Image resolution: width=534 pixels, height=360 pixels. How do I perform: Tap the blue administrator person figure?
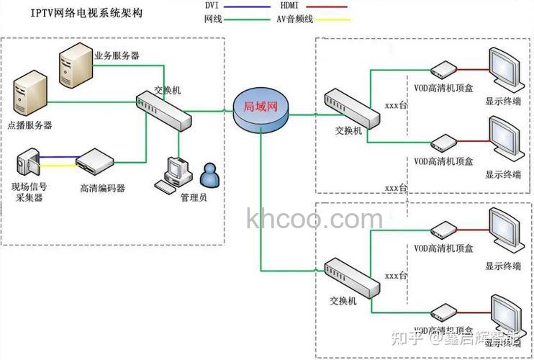210,174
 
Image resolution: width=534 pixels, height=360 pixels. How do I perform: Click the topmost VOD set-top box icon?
442,69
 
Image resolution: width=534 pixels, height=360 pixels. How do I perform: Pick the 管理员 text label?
194,197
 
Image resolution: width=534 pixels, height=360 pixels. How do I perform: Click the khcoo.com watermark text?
314,218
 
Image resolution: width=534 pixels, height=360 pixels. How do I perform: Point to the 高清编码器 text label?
103,188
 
